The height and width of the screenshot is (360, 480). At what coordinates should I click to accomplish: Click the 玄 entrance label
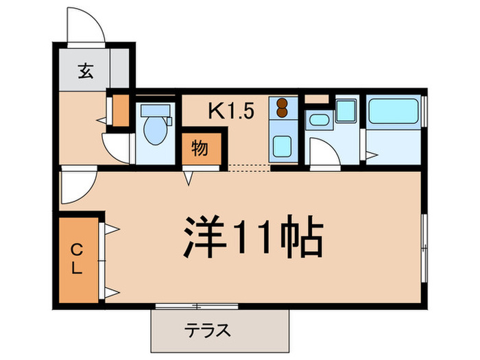(x=84, y=70)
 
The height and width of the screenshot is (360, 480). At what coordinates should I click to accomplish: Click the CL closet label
(x=78, y=260)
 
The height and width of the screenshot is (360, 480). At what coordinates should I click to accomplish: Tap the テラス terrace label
(x=207, y=331)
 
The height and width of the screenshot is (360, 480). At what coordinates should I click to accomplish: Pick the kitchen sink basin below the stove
(x=281, y=146)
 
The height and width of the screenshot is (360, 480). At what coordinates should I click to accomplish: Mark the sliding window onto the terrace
(x=196, y=305)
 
